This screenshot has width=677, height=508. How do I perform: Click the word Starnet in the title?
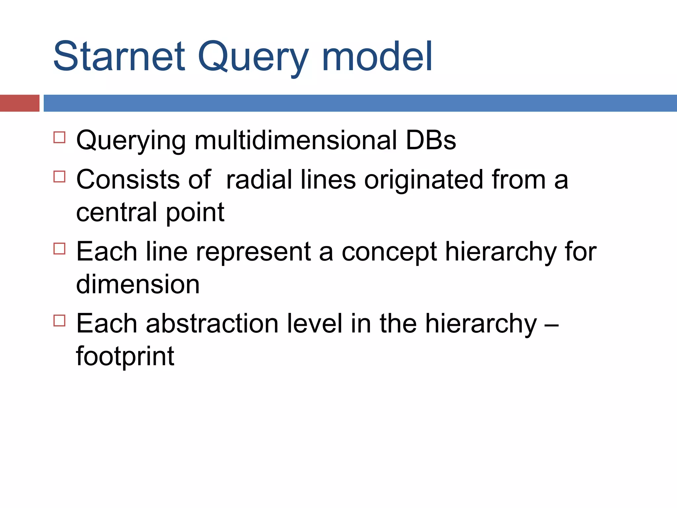(119, 56)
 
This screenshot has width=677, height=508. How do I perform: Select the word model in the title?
(377, 56)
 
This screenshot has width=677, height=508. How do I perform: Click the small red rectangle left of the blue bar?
(20, 103)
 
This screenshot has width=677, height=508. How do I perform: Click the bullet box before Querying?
(60, 137)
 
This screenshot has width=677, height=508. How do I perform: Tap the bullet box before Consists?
(60, 176)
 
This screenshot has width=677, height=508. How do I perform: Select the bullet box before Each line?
(60, 248)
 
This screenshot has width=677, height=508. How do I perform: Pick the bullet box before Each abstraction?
(60, 320)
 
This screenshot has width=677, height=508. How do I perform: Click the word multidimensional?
(295, 140)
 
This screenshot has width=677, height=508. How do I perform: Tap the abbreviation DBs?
(431, 140)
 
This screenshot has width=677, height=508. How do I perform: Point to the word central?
(117, 212)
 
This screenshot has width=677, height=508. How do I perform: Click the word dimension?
(138, 284)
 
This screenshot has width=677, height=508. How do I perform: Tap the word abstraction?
(212, 323)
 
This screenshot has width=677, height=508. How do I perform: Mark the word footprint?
(125, 356)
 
